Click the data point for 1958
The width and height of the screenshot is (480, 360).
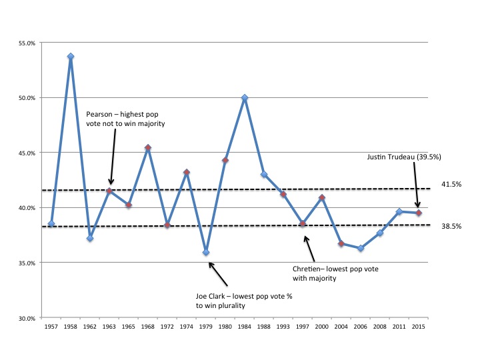coord(71,57)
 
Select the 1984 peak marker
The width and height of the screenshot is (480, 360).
coord(245,98)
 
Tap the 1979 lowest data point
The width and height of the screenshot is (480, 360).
coord(206,253)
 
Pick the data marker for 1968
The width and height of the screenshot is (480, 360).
coord(148,148)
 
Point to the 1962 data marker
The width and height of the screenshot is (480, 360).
coord(90,238)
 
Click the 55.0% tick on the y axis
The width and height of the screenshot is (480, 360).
coord(27,43)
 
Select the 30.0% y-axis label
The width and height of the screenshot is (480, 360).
coord(27,318)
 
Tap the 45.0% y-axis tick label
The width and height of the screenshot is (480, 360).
coord(27,153)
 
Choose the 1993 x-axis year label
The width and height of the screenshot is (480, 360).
coord(283,327)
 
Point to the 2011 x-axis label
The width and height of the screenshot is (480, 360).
coord(399,327)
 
